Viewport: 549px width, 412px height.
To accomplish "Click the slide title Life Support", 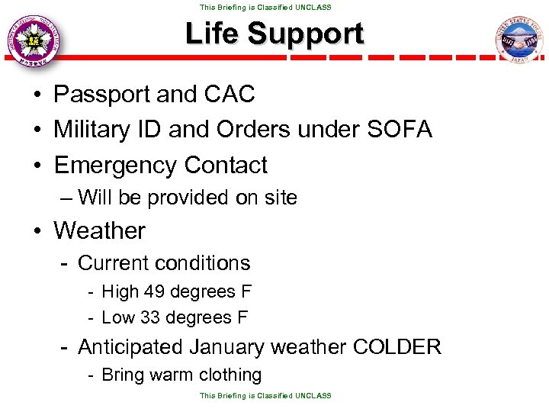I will click(x=274, y=34).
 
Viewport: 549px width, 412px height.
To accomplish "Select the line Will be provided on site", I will click(x=187, y=198).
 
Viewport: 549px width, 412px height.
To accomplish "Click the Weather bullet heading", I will click(x=99, y=230).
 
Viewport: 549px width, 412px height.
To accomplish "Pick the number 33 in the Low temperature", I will click(x=152, y=317).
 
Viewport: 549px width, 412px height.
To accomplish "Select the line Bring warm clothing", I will click(x=181, y=375).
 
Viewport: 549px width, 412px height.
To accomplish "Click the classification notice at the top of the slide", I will click(x=265, y=7).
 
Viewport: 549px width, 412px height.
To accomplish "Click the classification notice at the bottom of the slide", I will click(x=265, y=395).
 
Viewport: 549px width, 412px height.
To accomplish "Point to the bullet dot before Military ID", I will click(x=37, y=130).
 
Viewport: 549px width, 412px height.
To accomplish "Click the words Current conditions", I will click(x=164, y=263).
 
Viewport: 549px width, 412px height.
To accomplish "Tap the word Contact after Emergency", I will click(x=225, y=165).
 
